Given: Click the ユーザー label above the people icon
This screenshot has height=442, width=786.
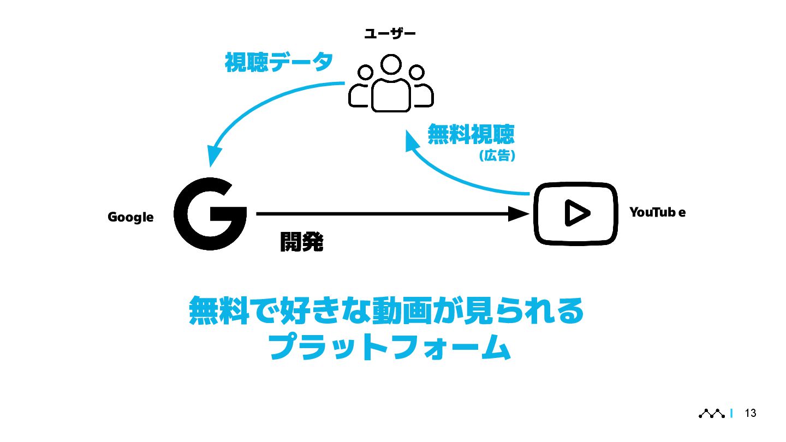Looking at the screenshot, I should (390, 34).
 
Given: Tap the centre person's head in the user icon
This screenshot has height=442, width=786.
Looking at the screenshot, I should (391, 65).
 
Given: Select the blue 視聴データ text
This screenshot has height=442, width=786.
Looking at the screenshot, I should (279, 62).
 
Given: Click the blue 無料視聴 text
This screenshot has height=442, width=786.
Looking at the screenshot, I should (471, 134).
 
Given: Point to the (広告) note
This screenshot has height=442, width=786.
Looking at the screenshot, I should (497, 156).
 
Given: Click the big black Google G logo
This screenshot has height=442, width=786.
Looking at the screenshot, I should (210, 214).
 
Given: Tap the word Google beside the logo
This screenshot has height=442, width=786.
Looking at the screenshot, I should (130, 217).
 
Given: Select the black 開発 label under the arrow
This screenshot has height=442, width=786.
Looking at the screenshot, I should (301, 242).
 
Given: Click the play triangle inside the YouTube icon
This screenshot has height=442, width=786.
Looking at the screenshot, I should (575, 213).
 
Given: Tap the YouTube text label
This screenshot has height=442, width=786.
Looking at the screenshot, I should (657, 212).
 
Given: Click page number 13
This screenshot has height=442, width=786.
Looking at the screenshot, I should (751, 413).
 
